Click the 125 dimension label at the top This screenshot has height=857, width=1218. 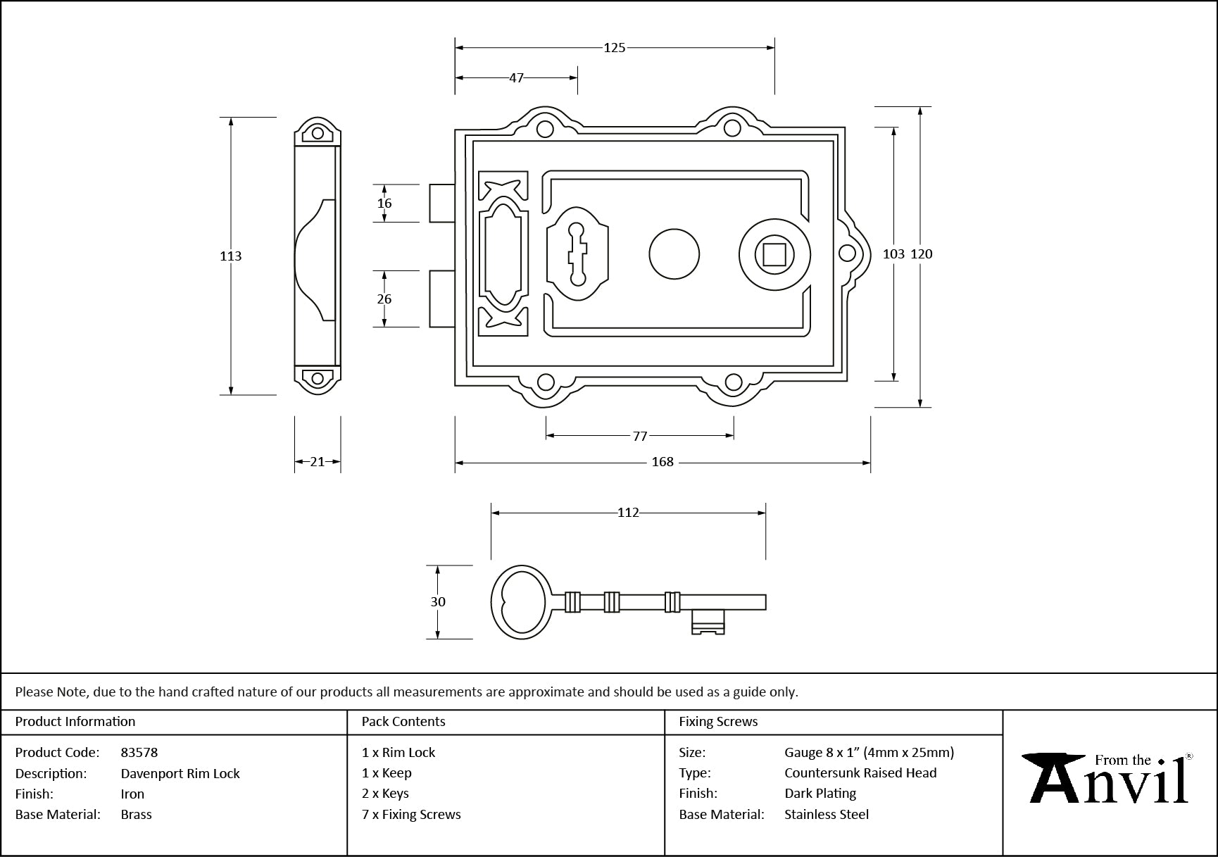click(614, 48)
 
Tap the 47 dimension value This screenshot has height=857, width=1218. click(516, 77)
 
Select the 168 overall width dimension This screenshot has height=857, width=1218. click(663, 462)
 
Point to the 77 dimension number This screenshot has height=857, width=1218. click(639, 436)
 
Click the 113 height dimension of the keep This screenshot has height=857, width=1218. click(231, 256)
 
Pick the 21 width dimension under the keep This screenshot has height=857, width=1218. click(318, 462)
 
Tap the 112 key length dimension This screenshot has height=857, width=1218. click(628, 513)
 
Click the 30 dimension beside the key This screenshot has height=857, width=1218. click(438, 602)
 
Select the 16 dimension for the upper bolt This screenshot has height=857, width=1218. click(384, 204)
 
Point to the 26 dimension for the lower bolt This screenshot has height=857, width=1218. click(384, 299)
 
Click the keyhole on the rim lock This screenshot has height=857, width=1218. click(577, 254)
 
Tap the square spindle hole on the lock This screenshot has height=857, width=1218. click(774, 254)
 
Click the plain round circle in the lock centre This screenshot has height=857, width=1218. click(674, 254)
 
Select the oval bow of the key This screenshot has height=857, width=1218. click(521, 602)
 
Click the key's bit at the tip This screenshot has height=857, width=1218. click(708, 621)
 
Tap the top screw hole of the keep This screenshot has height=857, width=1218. click(318, 133)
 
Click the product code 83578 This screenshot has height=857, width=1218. click(139, 752)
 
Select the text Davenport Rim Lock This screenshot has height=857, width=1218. click(180, 773)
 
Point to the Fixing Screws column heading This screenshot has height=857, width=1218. click(718, 722)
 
